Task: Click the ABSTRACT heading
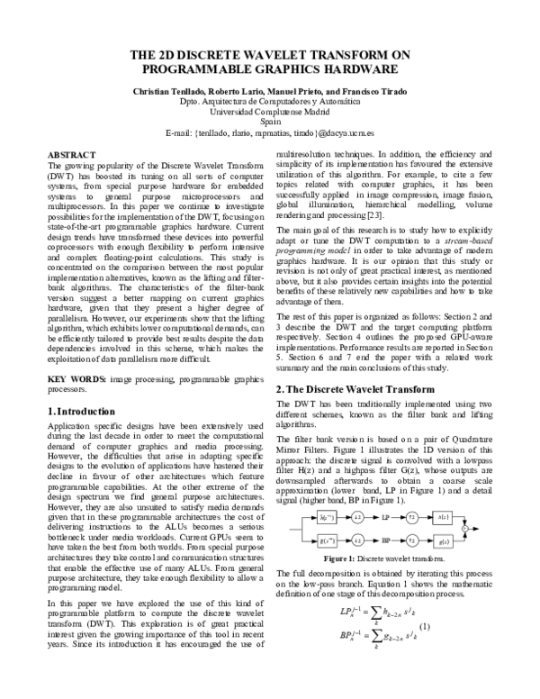coord(73,155)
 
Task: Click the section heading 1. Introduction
coord(84,386)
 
